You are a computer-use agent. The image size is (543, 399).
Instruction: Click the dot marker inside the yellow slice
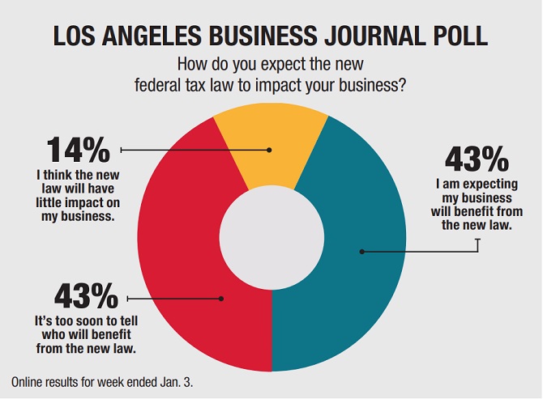point(271,149)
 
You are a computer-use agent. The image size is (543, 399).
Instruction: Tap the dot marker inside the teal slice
point(361,252)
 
